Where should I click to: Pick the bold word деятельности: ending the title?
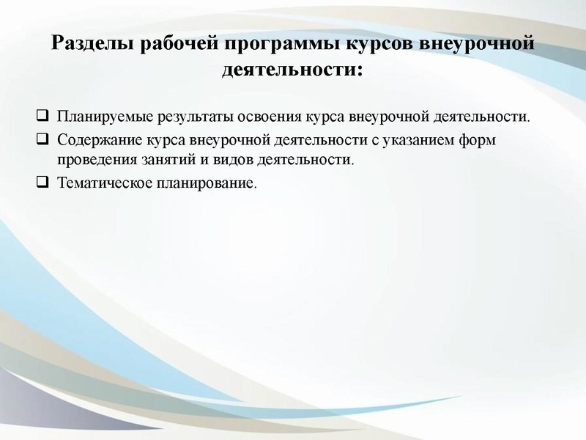point(292,71)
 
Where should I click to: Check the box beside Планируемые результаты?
point(42,116)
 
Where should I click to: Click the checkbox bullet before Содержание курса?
point(42,138)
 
